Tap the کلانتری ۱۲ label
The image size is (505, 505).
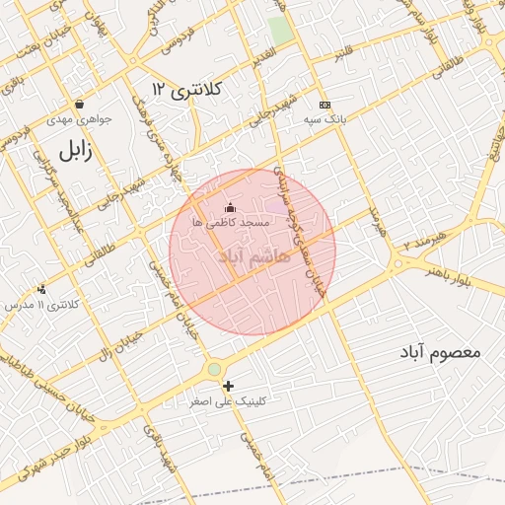(188, 90)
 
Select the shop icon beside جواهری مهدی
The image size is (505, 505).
(78, 105)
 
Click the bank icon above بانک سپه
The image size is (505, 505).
(325, 105)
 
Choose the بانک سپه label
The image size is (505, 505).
(325, 119)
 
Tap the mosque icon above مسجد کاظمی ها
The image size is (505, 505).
(231, 207)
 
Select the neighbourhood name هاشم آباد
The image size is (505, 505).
(252, 256)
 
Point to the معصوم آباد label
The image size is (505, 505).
(440, 351)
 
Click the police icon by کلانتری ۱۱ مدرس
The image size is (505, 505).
(41, 289)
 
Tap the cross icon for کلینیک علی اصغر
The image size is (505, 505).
(229, 386)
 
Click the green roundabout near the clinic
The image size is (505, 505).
(214, 370)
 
